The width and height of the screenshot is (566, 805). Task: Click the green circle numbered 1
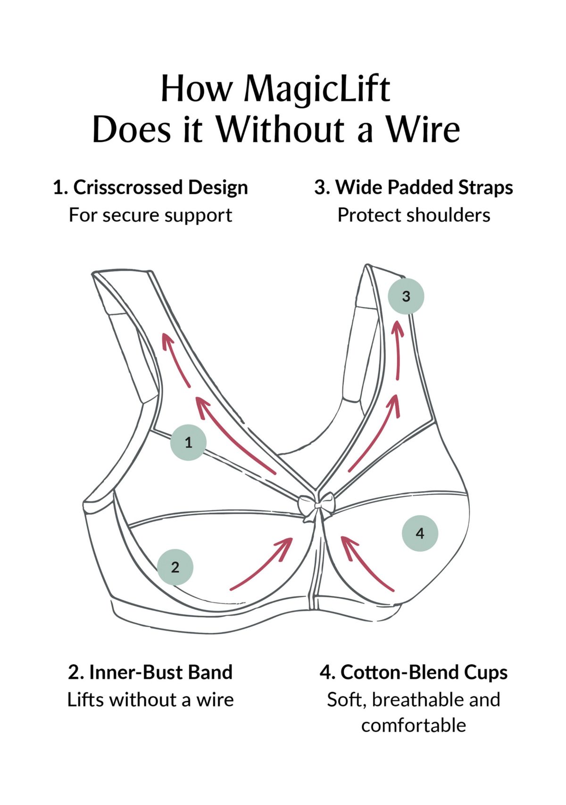[188, 442]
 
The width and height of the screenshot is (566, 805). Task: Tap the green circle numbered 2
[175, 567]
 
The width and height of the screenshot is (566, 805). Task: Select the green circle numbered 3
[406, 296]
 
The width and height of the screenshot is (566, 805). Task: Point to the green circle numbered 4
[420, 533]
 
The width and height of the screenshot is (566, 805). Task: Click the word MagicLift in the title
[317, 89]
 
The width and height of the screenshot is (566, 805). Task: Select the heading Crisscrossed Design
[160, 187]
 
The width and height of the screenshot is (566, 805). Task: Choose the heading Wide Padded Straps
[424, 187]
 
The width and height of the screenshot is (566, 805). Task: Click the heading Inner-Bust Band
[161, 672]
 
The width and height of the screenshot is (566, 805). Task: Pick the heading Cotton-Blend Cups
[424, 672]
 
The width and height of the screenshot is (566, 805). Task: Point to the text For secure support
[150, 215]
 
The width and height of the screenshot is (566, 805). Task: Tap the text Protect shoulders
[414, 215]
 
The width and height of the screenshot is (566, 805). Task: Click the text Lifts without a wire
[150, 699]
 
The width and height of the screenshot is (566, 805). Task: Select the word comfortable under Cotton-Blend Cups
[414, 725]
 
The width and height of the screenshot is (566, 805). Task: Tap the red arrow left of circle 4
[366, 563]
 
